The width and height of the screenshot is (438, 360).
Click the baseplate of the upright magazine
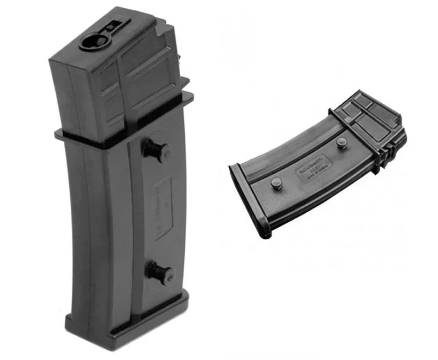click(x=126, y=323)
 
